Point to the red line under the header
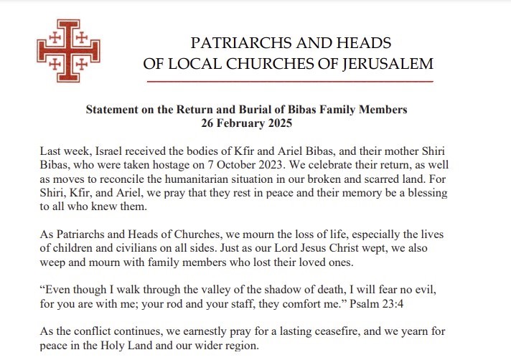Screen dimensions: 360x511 pyautogui.click(x=289, y=82)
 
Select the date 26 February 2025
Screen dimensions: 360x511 pyautogui.click(x=246, y=123)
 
